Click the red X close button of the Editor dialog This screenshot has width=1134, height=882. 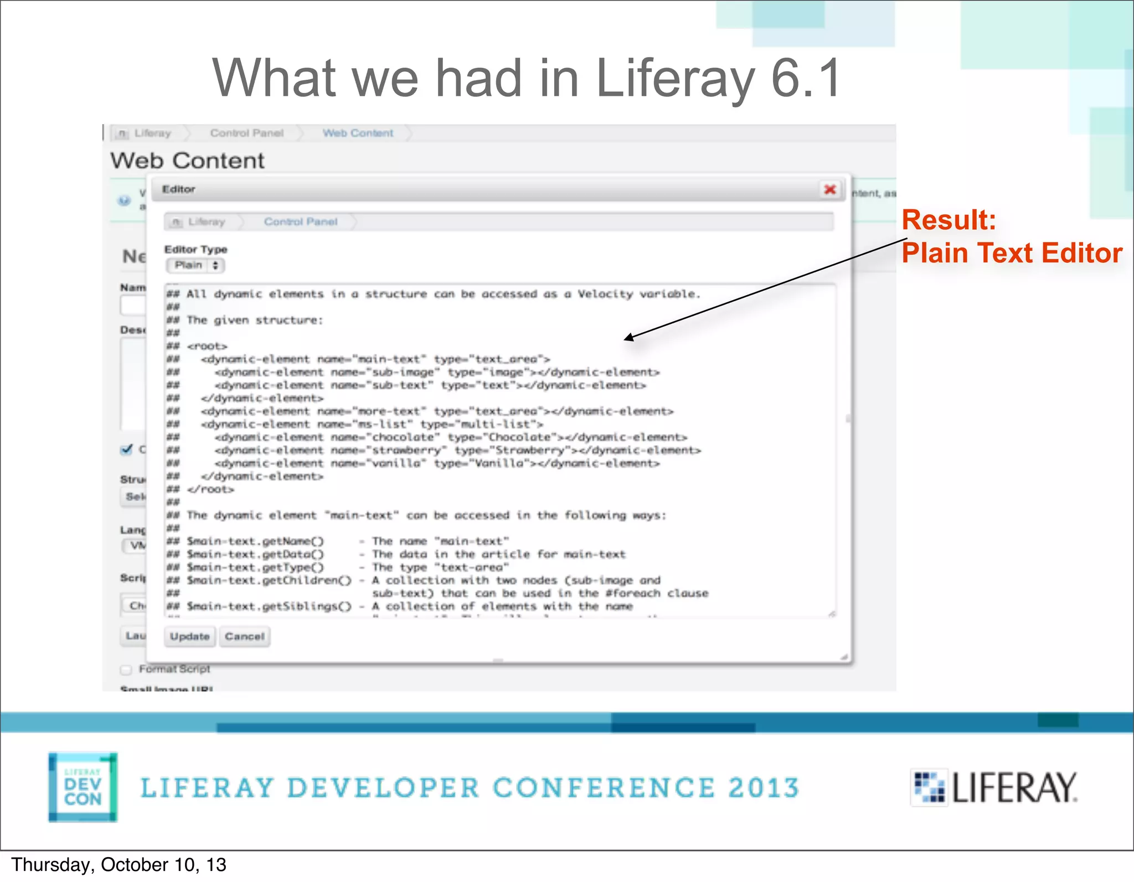[x=829, y=189]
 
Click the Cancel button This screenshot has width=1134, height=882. [x=244, y=636]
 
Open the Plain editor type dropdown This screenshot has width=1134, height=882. [x=195, y=265]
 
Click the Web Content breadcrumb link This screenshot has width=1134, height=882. [x=358, y=133]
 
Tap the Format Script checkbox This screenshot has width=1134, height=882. [x=126, y=670]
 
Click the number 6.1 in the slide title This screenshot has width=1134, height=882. [x=806, y=79]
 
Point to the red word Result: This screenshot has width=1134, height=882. [x=949, y=220]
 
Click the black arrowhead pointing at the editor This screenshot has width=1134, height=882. [x=629, y=338]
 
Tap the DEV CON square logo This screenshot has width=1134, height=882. [x=83, y=787]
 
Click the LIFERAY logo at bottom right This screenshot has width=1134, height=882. [x=994, y=787]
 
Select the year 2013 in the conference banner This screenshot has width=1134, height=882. [x=763, y=788]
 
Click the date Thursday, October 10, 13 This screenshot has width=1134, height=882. [x=118, y=865]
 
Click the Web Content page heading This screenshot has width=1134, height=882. [x=187, y=161]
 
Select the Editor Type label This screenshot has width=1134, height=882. [x=195, y=249]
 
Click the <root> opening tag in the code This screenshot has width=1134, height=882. [x=207, y=346]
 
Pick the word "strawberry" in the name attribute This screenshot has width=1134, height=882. [x=406, y=450]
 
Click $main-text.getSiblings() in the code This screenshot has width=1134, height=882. [x=269, y=606]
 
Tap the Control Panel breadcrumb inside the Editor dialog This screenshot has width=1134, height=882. [x=300, y=222]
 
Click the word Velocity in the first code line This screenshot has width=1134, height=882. [x=605, y=294]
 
